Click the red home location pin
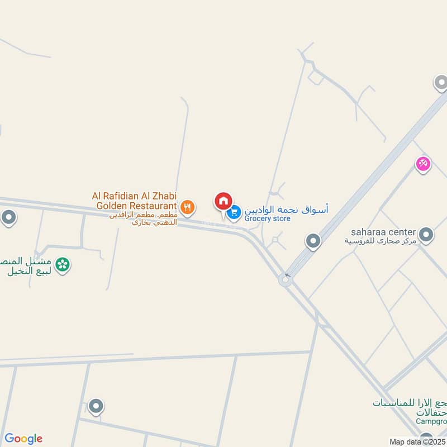[x=223, y=201]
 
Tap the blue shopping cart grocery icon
[x=234, y=212]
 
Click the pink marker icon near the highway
[x=423, y=164]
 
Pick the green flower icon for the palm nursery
[x=63, y=264]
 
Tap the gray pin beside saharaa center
[x=426, y=235]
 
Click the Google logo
[x=23, y=439]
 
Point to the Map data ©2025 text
[x=417, y=442]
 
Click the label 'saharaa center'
[x=383, y=231]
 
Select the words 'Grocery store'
[x=268, y=218]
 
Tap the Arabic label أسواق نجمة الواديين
[x=286, y=209]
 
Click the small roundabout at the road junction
[x=285, y=279]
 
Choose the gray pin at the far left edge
[x=8, y=217]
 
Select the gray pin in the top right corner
[x=441, y=83]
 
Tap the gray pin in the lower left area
[x=96, y=406]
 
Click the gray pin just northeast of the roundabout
[x=313, y=241]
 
